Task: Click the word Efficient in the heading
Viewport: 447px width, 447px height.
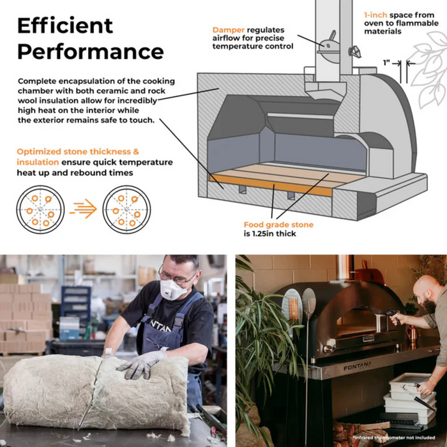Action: (65, 26)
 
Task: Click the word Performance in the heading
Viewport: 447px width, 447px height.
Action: (91, 52)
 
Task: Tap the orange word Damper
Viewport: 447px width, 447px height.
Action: (229, 30)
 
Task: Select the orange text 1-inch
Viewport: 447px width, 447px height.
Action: (375, 15)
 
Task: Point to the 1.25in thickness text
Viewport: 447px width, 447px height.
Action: (270, 234)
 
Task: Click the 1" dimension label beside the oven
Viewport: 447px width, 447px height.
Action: (386, 63)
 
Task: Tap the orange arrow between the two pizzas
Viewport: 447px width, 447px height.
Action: (83, 209)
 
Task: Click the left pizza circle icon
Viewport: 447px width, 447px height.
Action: (40, 209)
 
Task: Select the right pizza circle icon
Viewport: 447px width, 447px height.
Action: (126, 209)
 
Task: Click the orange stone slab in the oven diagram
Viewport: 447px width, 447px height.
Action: (271, 185)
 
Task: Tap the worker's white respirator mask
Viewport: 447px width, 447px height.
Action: (172, 289)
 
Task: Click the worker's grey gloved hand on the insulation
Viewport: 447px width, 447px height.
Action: (142, 365)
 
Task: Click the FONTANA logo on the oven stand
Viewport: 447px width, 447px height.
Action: (358, 366)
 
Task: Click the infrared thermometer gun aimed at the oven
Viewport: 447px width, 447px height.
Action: (393, 315)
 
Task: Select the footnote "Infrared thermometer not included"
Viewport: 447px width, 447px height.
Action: (394, 437)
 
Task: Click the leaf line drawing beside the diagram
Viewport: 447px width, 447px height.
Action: (428, 68)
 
